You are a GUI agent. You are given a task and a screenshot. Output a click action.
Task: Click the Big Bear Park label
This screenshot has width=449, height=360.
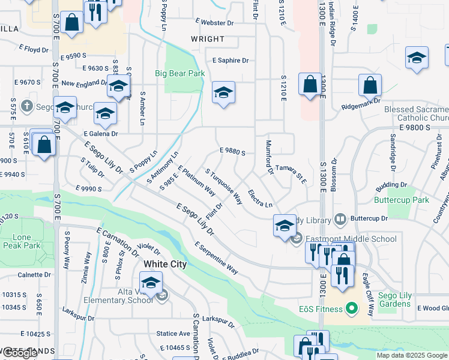(x=179, y=74)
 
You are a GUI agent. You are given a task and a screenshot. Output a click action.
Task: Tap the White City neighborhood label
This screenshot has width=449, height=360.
(x=165, y=264)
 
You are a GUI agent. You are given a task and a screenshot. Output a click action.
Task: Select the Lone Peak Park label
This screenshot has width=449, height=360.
(x=21, y=241)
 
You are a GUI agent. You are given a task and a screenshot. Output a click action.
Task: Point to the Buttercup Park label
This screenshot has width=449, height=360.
(x=402, y=200)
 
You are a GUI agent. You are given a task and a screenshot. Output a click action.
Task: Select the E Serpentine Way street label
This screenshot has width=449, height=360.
(x=215, y=258)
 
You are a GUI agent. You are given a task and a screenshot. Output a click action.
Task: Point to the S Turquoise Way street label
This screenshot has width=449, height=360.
(x=223, y=185)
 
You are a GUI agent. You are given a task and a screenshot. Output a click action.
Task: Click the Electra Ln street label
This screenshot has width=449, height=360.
(x=260, y=200)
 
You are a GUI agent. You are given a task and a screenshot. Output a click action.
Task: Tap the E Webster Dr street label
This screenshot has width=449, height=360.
(x=214, y=23)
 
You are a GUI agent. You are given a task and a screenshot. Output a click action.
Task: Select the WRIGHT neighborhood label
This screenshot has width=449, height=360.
(x=208, y=39)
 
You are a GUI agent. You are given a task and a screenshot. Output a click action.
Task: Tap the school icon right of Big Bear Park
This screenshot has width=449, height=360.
(x=223, y=93)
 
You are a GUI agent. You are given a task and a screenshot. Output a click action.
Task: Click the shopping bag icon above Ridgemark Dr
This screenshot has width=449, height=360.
(x=370, y=85)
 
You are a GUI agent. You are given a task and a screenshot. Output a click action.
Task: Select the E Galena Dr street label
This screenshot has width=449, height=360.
(x=101, y=133)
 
